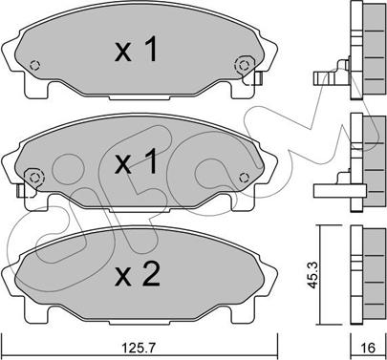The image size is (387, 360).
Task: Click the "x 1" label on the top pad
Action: [136, 49]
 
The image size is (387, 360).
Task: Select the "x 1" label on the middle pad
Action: [136, 161]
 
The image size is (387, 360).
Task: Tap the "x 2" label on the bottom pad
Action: [138, 273]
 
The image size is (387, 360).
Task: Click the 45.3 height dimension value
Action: [312, 275]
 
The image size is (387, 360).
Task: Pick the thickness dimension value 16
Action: [369, 348]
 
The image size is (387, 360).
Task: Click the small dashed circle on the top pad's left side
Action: [34, 65]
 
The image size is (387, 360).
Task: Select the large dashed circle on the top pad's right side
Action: [244, 65]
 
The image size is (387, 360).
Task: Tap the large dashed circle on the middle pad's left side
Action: [34, 178]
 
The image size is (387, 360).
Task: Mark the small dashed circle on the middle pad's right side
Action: [244, 178]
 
